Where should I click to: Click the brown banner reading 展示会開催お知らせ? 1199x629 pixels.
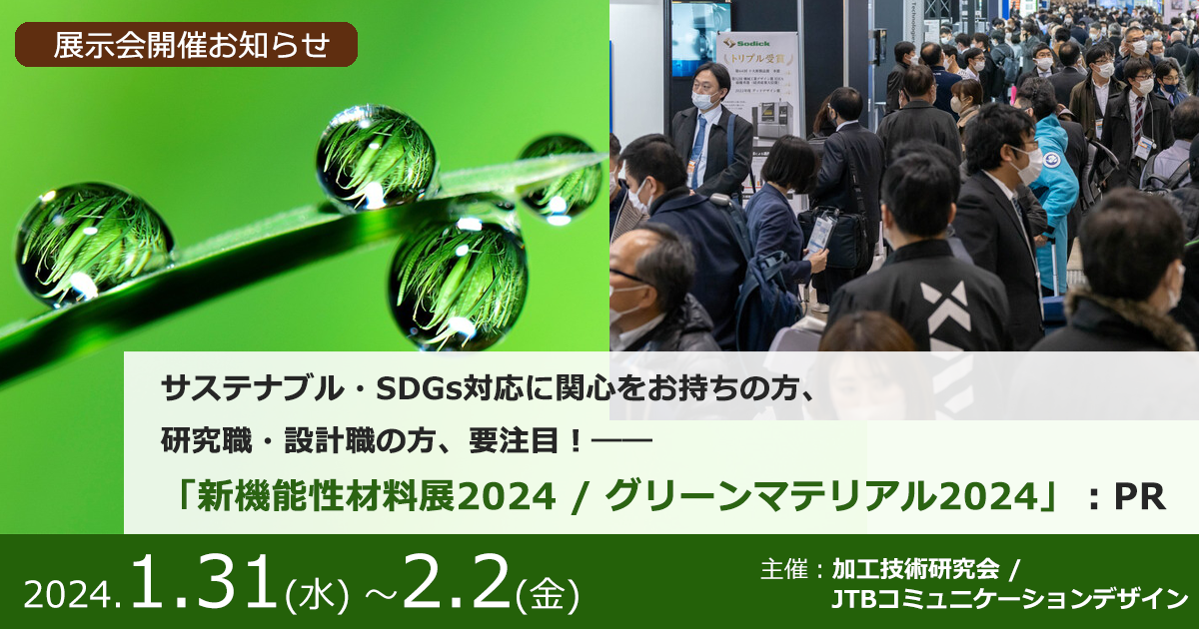coord(186,44)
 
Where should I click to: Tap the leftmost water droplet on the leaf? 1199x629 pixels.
coord(94,245)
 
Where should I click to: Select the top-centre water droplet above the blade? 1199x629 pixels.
coord(376,156)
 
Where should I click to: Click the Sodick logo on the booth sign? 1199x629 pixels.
coord(747,43)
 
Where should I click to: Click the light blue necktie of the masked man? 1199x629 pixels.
coord(698,150)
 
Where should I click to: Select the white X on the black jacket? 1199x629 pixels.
coord(946,315)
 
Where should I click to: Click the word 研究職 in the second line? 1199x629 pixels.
coord(206,441)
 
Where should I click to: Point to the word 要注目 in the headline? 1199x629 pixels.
coord(514,441)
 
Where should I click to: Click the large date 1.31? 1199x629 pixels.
coord(205,583)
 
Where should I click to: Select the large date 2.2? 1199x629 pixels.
coord(456,582)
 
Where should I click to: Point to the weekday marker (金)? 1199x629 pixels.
coord(548,594)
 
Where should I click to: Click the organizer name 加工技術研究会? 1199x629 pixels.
coord(916,570)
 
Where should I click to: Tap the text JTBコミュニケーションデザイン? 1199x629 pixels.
coord(1009,599)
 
